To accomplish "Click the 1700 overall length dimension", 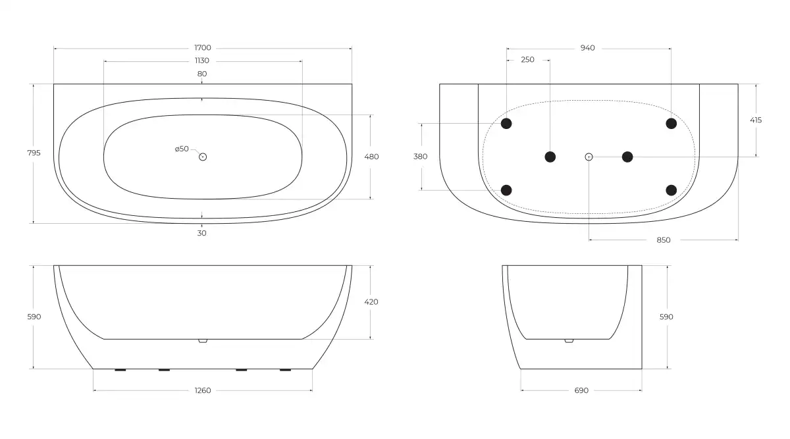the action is tap(203, 47).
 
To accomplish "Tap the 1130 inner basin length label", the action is tap(202, 61).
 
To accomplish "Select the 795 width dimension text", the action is tap(34, 153).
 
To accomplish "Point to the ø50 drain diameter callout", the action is tap(182, 149).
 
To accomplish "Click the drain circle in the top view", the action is tap(203, 157).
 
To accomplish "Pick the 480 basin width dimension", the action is tap(371, 157).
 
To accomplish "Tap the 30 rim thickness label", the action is tap(201, 233).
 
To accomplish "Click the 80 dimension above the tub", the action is tap(202, 74).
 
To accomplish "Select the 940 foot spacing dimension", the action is tap(587, 48).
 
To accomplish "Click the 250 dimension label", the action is tap(527, 60).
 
